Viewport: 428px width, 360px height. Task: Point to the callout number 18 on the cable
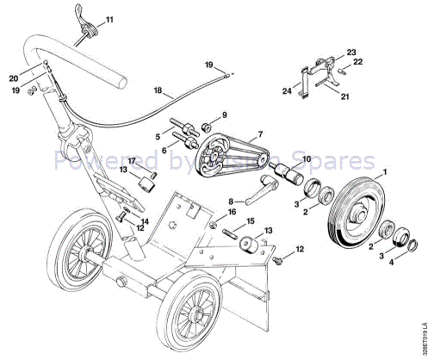[158, 89]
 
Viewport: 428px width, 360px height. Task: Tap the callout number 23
[351, 52]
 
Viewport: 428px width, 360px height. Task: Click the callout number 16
[231, 211]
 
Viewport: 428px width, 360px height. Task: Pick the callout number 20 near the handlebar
[12, 76]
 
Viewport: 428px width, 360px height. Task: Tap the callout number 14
[145, 220]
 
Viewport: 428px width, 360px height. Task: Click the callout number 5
[157, 136]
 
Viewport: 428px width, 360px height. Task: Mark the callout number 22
[358, 62]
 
